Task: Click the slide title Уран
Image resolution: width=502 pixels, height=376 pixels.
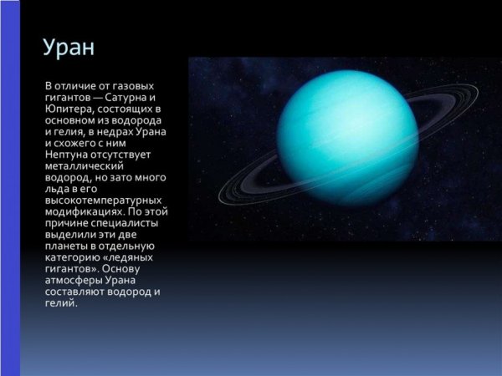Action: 69,48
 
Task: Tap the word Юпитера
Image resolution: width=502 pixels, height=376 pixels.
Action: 69,109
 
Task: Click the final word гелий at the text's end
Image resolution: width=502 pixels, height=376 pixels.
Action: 60,303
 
